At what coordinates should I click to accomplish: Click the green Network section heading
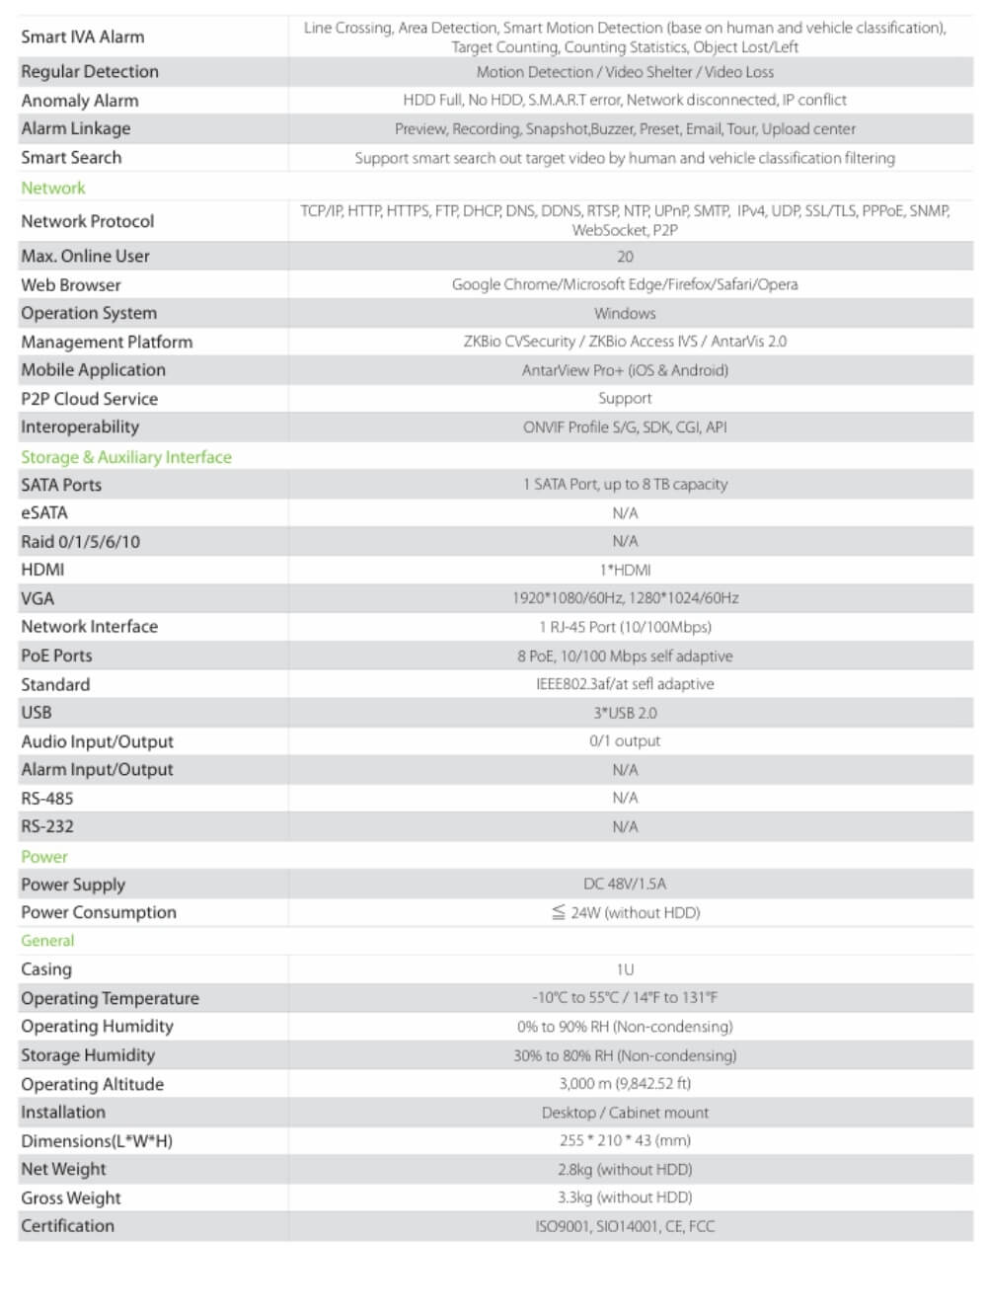(53, 188)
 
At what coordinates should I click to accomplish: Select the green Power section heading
(44, 856)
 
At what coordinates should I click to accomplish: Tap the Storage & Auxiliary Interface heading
(126, 457)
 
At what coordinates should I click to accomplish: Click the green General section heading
(47, 941)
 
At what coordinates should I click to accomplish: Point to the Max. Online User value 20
(625, 257)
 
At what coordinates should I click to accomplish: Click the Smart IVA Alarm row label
(83, 37)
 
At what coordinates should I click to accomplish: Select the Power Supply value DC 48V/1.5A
(625, 884)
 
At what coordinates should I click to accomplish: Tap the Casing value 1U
(625, 969)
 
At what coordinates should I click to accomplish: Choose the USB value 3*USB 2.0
(625, 713)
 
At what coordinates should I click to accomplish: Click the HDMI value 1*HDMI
(625, 570)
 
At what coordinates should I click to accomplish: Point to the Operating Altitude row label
(93, 1084)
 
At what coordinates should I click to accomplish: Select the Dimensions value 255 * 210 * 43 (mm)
(625, 1140)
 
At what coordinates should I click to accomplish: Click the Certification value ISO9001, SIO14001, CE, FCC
(625, 1226)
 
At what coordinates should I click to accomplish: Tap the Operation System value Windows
(625, 313)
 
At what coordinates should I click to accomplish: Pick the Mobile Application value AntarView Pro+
(625, 370)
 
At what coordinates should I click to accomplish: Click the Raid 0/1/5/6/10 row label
(81, 541)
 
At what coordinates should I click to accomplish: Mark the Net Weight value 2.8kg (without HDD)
(625, 1169)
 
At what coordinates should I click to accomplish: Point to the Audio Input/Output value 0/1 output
(625, 740)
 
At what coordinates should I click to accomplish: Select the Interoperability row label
(80, 426)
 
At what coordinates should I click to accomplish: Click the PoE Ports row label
(56, 656)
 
